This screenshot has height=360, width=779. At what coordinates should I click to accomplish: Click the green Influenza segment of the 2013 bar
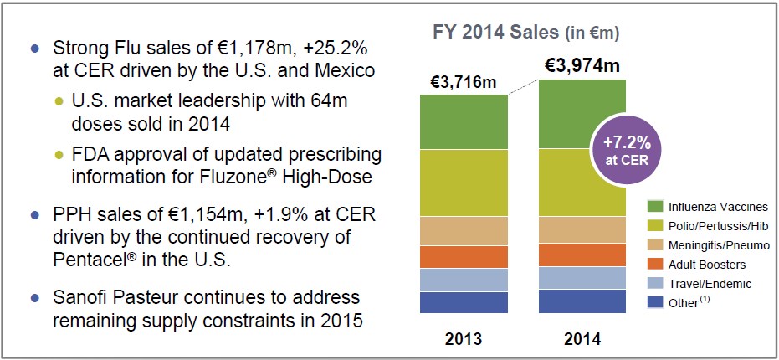point(463,121)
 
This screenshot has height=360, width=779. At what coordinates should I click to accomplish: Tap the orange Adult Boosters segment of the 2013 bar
point(463,257)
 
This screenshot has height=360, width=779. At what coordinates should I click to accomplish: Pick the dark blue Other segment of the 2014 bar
point(582,301)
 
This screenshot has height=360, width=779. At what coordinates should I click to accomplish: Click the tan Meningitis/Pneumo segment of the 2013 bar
point(463,231)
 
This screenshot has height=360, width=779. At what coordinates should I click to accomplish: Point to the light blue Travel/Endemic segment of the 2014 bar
point(582,278)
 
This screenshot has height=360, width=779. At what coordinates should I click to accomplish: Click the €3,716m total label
point(463,82)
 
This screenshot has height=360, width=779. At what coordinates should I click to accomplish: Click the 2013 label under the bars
point(463,340)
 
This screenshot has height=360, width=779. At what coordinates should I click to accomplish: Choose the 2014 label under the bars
point(582,340)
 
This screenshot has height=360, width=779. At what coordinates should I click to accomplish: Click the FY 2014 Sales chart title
point(525,33)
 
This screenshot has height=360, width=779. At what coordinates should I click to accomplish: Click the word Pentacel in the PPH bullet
point(89,259)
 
